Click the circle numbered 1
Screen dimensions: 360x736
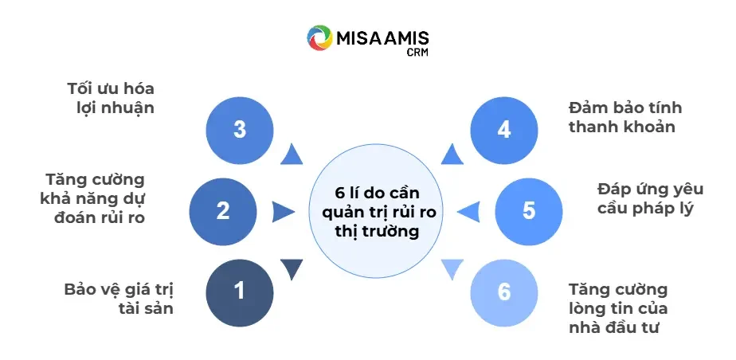[240, 291]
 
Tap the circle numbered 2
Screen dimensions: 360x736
[223, 211]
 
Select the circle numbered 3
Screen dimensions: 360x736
[240, 130]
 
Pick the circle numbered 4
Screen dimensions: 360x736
[503, 130]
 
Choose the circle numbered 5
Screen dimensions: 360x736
[529, 211]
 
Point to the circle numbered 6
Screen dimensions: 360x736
[503, 292]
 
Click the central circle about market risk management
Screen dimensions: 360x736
[376, 212]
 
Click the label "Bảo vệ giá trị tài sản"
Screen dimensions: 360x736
[119, 297]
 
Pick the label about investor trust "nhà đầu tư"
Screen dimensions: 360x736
[619, 308]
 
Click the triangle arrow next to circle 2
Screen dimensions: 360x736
[282, 212]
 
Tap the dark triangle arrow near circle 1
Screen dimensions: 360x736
[292, 269]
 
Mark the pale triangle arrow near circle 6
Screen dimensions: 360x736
[452, 269]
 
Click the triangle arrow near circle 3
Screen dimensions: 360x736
[292, 155]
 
